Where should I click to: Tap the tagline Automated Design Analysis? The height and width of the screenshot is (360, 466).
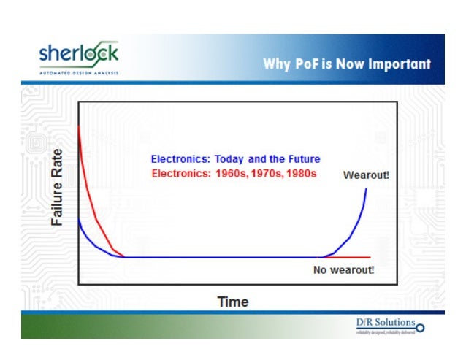[x=78, y=72]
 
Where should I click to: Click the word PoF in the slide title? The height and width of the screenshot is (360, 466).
[x=306, y=64]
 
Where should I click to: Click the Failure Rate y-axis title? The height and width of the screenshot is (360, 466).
[x=58, y=187]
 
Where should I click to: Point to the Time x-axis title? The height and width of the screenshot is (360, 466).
[x=233, y=302]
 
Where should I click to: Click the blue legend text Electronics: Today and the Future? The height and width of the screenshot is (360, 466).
[x=235, y=159]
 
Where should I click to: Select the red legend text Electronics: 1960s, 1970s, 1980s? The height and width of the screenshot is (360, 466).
[x=233, y=174]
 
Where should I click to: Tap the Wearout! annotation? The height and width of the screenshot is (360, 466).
[x=366, y=175]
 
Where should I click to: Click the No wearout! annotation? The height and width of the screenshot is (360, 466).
[x=343, y=269]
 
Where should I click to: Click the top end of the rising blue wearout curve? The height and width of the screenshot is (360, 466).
[x=366, y=189]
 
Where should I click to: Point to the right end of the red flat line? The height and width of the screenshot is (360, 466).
[x=370, y=258]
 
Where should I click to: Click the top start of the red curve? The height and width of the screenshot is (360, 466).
[x=79, y=127]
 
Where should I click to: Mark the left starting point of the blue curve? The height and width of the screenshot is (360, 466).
[x=79, y=218]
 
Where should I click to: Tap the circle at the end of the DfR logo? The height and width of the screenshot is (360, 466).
[x=419, y=326]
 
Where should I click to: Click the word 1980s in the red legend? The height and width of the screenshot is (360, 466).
[x=300, y=174]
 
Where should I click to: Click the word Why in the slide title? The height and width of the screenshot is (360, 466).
[x=277, y=64]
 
